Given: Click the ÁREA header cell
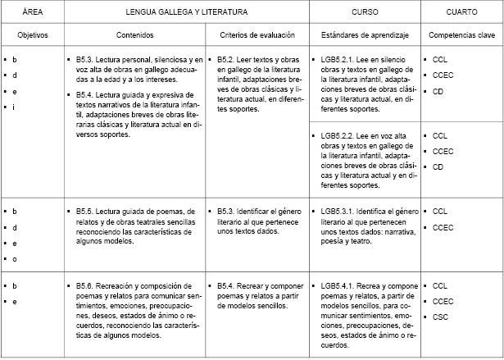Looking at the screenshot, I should (33, 12).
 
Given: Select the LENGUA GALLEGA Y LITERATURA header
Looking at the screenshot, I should (186, 12).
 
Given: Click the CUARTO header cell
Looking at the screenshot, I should (461, 12).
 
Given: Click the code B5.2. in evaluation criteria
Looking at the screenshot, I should (227, 61).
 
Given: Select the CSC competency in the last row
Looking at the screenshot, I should (441, 317).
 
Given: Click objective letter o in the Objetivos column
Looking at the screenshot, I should (15, 259).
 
